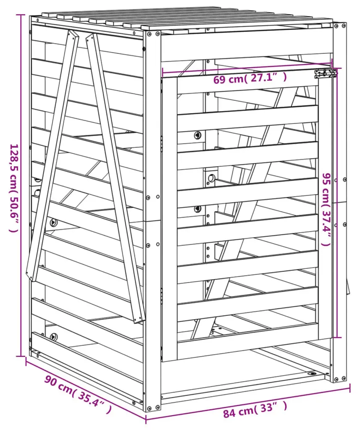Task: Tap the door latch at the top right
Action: (x=326, y=73)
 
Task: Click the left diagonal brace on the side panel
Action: (x=52, y=155)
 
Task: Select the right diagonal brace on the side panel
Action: (x=115, y=178)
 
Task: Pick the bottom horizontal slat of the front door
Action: (x=248, y=333)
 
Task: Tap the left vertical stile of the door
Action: (x=170, y=219)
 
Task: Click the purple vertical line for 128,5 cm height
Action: (x=20, y=185)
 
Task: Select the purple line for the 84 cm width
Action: (x=248, y=403)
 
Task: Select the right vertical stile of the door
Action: (x=326, y=208)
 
